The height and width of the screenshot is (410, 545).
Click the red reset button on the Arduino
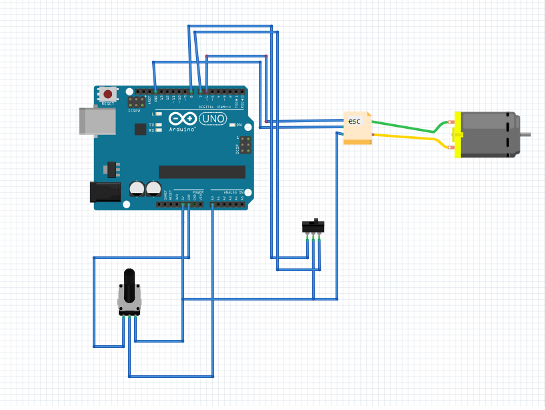coord(107,94)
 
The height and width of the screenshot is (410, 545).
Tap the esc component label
coord(354,121)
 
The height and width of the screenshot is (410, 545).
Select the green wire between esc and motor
coord(407,128)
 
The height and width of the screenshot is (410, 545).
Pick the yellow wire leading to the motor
coord(407,138)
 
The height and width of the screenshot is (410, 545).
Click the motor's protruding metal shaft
coord(525,134)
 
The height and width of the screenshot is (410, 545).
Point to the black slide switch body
coord(313,226)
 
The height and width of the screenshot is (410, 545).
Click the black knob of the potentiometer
coord(129,283)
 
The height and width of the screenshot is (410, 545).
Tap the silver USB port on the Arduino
coord(88,122)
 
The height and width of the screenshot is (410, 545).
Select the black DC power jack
coord(104,192)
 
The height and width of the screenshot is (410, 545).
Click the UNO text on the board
coord(213,119)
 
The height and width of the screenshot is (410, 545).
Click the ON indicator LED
coord(231,125)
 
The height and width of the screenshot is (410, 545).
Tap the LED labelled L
coord(158,114)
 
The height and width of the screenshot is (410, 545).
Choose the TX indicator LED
coord(158,125)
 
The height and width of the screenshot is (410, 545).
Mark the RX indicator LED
coord(158,130)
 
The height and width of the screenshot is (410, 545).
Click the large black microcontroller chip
coord(201,172)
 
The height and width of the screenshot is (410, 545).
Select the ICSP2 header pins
coord(137,103)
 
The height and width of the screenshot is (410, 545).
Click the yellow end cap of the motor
coord(458,135)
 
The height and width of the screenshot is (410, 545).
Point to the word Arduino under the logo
coord(182,129)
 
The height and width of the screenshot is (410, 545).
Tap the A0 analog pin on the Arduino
coord(213,204)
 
